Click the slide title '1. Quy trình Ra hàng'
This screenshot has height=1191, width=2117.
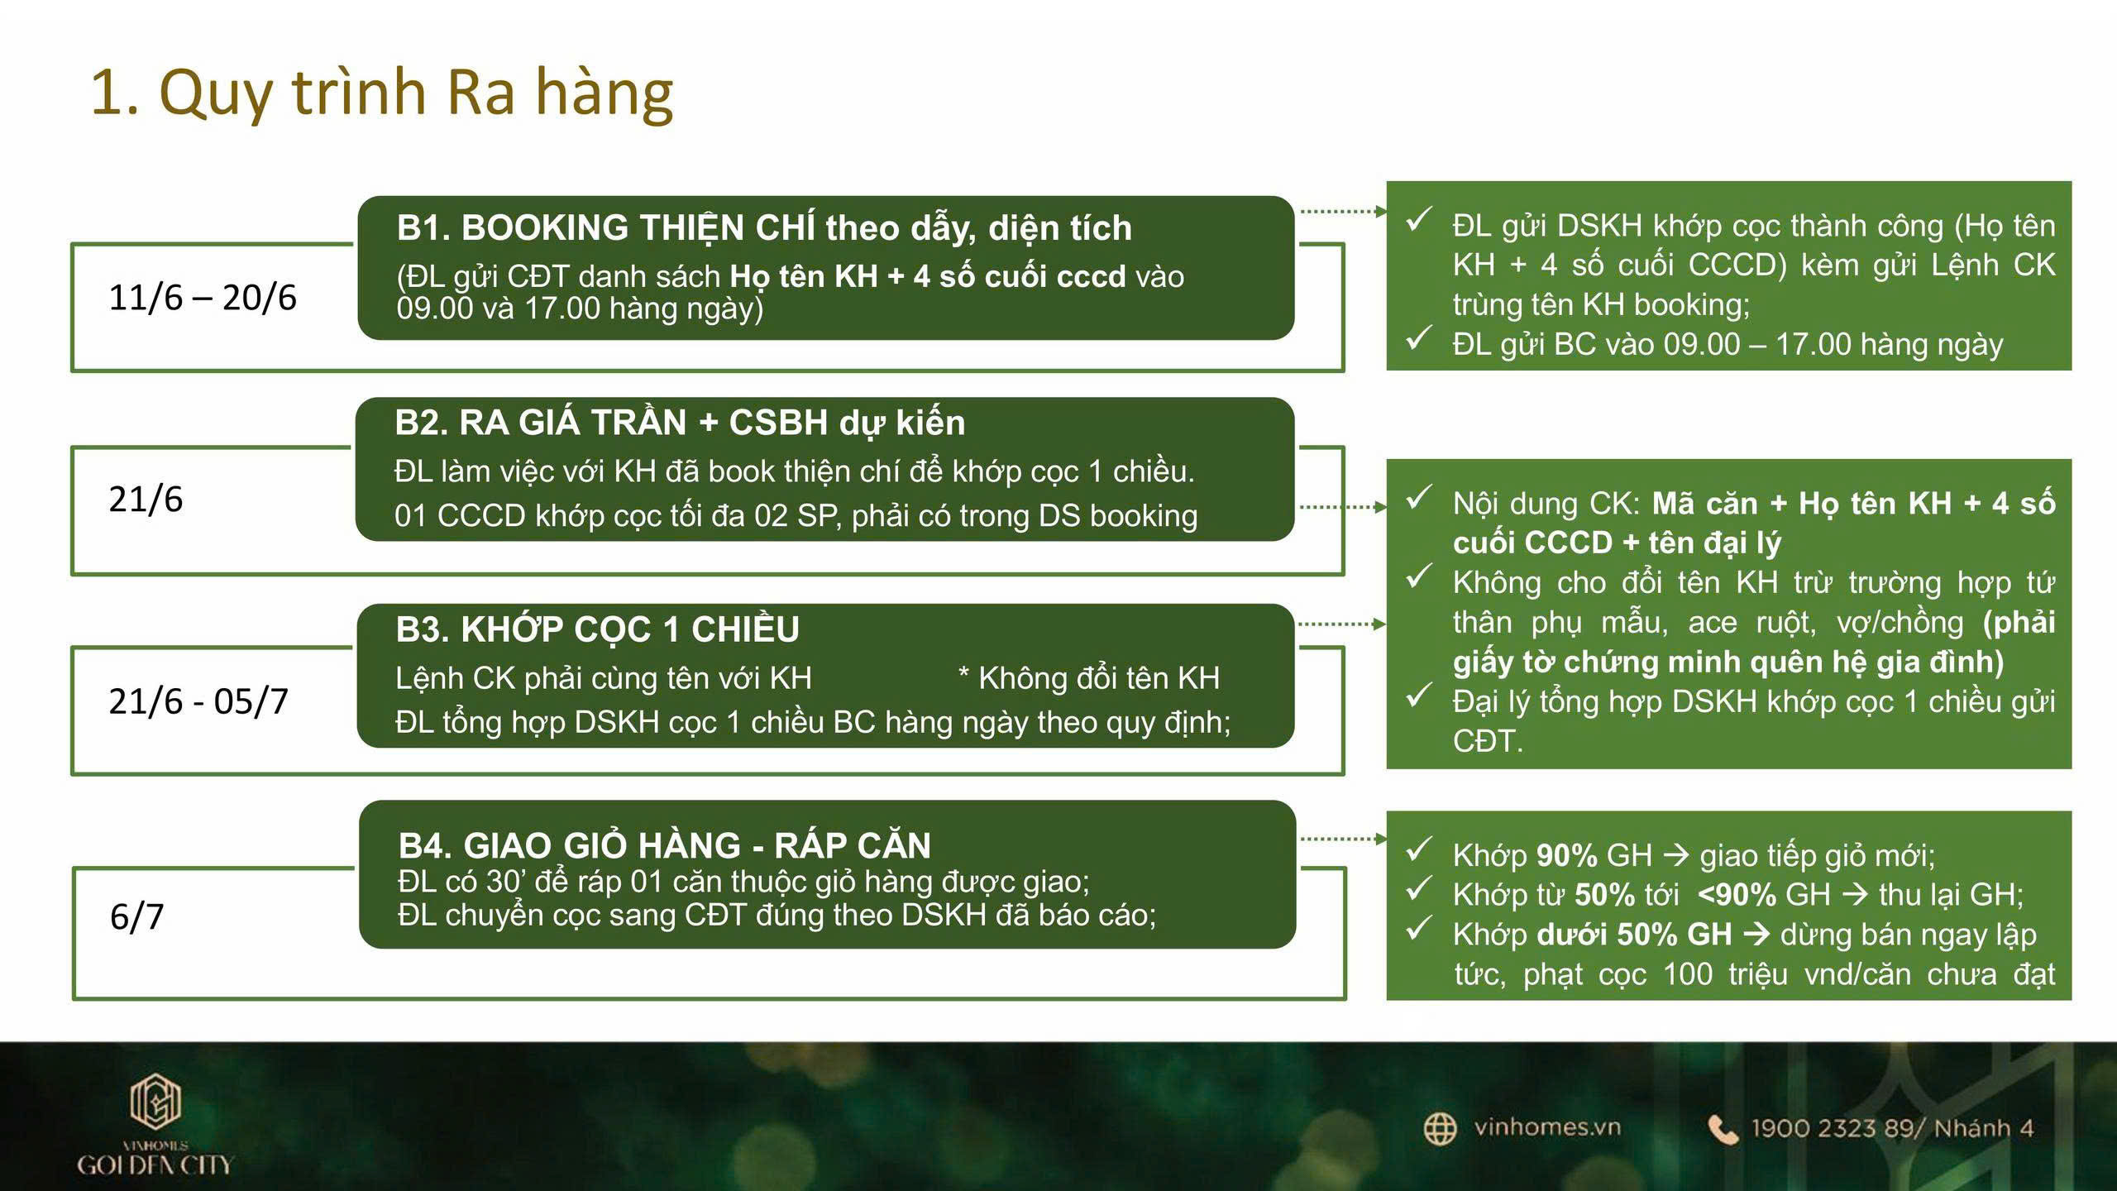coord(381,93)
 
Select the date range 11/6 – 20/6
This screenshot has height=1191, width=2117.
coord(202,298)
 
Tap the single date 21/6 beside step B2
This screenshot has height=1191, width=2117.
coord(146,500)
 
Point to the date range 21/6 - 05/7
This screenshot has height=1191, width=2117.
coord(198,701)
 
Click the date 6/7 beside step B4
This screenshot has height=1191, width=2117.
coord(137,916)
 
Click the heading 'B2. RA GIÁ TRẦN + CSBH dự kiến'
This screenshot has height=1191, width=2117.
coord(679,423)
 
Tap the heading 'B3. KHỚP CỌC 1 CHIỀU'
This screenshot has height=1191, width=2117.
coord(597,629)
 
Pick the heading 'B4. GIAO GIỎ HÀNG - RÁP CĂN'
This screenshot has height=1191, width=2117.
coord(664,845)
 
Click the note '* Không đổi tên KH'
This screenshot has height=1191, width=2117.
coord(1088,678)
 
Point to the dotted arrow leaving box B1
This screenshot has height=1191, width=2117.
coord(1342,212)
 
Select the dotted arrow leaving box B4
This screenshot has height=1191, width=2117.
coord(1342,839)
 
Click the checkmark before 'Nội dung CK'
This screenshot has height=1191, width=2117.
coord(1419,498)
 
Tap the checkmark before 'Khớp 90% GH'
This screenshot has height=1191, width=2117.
coord(1419,849)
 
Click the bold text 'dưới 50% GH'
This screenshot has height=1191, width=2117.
coord(1633,935)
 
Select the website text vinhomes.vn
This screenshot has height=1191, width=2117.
coord(1546,1127)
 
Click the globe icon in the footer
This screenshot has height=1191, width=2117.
coord(1440,1129)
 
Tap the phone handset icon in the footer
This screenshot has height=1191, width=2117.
coord(1723,1129)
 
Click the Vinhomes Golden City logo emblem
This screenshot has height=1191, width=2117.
coord(155,1100)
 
